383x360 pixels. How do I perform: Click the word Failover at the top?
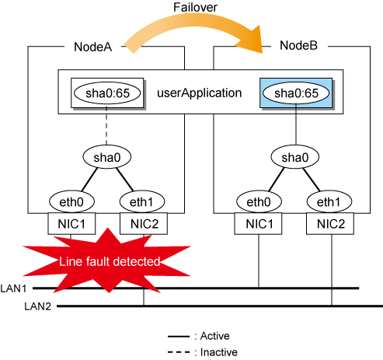tap(195, 7)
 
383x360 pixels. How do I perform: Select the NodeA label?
tap(93, 47)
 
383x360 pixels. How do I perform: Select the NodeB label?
tap(298, 46)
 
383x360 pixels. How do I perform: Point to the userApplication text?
tap(200, 93)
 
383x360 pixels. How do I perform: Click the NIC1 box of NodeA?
tap(71, 224)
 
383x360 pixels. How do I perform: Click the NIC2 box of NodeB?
tap(330, 224)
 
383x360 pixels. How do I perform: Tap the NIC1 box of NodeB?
tap(258, 224)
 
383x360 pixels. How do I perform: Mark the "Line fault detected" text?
tap(110, 261)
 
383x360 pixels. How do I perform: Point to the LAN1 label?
tap(13, 288)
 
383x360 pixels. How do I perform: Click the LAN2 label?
tap(38, 306)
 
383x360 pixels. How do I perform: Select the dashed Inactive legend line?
tap(179, 352)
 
